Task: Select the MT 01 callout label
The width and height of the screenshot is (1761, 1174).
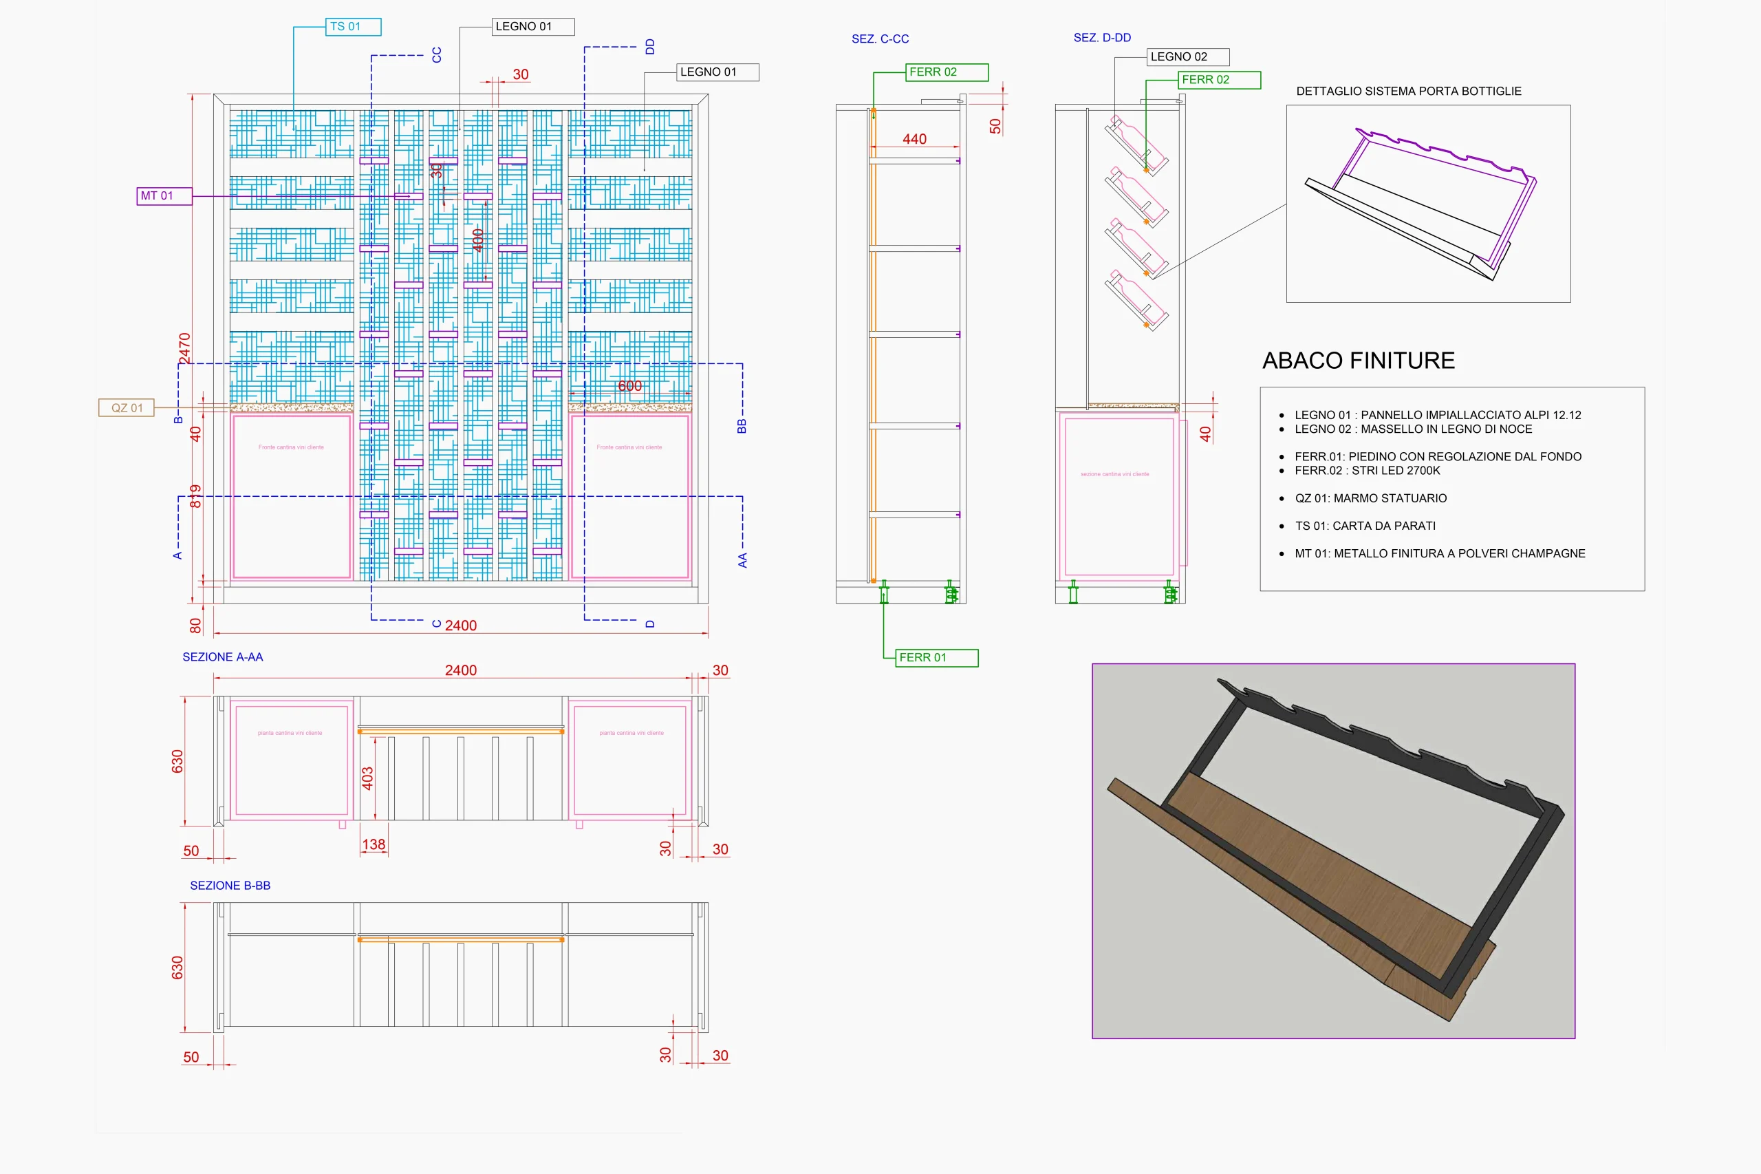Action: click(x=164, y=196)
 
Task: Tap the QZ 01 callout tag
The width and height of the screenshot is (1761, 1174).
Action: click(x=127, y=408)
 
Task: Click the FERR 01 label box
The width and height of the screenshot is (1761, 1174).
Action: click(x=936, y=658)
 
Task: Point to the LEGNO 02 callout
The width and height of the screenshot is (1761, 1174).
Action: click(x=1187, y=57)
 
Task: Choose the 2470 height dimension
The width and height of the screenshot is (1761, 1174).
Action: click(x=185, y=348)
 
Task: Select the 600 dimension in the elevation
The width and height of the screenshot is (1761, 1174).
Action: click(x=629, y=386)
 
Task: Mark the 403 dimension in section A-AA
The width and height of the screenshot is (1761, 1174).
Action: click(x=367, y=779)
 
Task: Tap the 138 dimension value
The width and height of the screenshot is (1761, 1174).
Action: click(x=374, y=844)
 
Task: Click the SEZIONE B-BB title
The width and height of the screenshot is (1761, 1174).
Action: click(x=230, y=886)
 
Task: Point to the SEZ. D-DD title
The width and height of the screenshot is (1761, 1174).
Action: click(x=1101, y=38)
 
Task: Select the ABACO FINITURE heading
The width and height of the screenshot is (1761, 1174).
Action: click(x=1358, y=361)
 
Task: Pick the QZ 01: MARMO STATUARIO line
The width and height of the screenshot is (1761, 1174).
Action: click(x=1370, y=499)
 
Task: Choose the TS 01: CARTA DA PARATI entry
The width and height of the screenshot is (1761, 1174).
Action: click(x=1364, y=526)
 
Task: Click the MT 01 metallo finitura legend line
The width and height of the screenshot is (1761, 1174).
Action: click(x=1439, y=554)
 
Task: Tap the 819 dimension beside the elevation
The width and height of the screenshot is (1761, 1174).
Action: click(x=195, y=495)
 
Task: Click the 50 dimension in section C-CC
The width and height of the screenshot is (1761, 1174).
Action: click(x=995, y=127)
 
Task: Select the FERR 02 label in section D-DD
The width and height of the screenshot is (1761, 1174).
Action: click(x=1218, y=80)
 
